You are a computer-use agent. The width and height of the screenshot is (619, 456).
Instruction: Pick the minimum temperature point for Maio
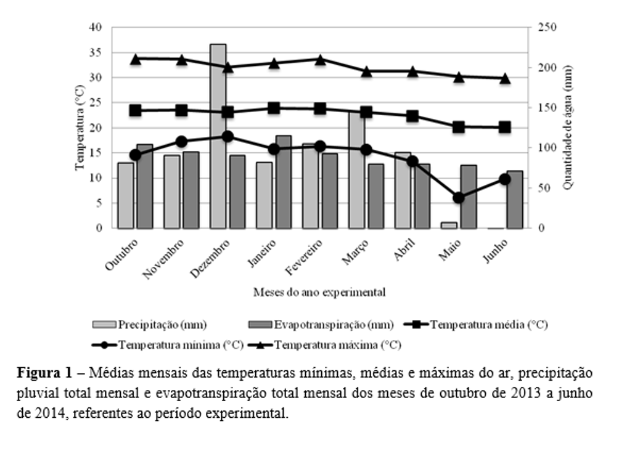(459, 198)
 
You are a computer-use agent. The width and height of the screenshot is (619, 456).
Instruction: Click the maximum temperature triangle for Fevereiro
(320, 59)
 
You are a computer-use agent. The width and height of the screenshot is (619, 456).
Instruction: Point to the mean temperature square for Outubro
(136, 110)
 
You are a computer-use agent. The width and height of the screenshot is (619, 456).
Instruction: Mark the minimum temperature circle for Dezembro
(228, 136)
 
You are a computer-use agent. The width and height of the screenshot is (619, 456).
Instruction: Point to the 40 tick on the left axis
(97, 27)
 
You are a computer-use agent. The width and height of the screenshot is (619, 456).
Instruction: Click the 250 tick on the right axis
(547, 27)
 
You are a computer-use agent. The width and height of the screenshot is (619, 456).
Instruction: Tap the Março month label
(354, 253)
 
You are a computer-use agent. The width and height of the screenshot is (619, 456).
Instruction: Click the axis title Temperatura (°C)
(79, 128)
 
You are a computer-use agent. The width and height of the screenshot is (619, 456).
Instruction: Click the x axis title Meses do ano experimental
(319, 293)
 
